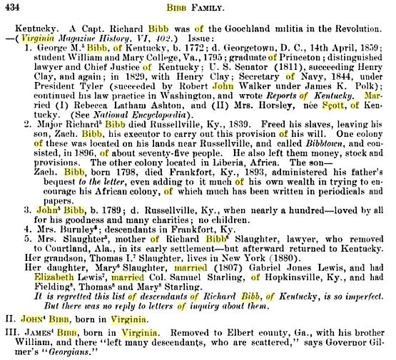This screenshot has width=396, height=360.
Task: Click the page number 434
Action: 13,7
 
